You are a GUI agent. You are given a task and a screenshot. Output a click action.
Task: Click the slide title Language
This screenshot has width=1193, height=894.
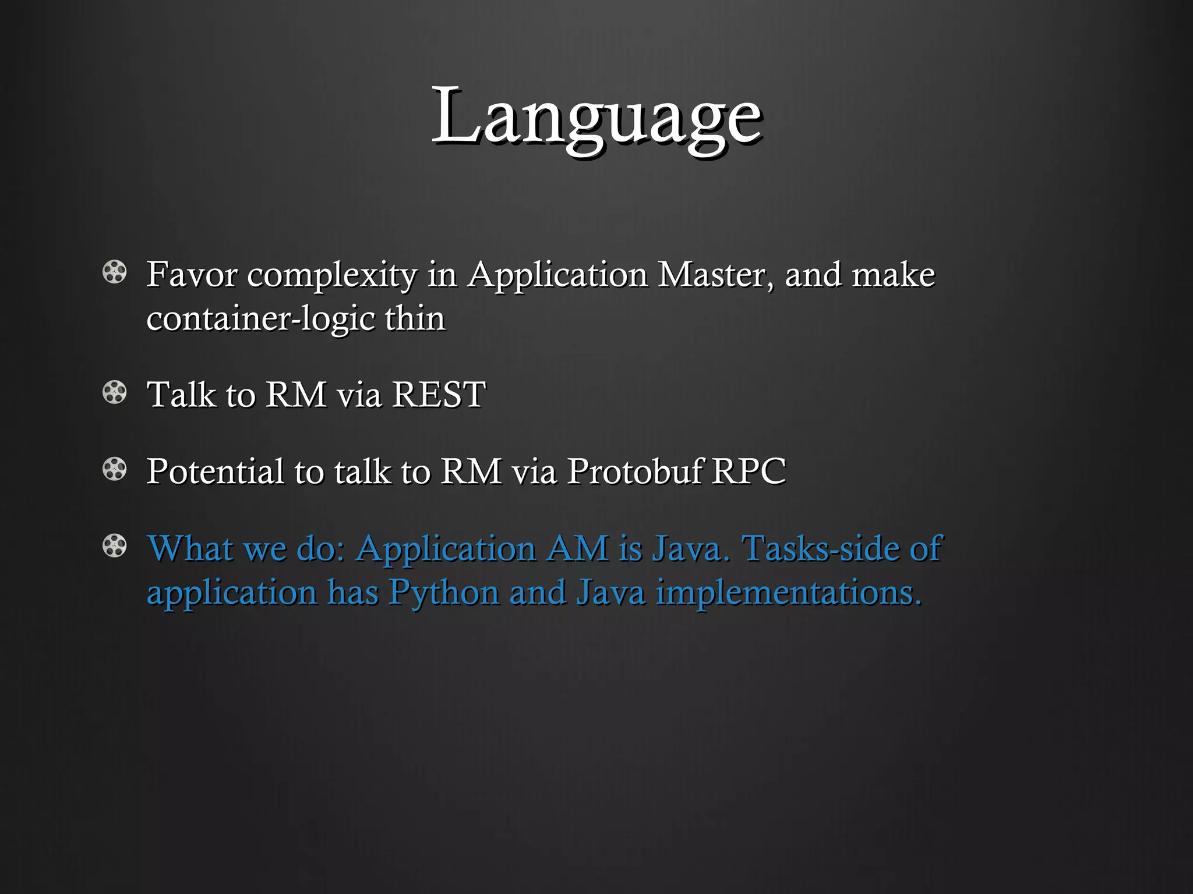tap(596, 116)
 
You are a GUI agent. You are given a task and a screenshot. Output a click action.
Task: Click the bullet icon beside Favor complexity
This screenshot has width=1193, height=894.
tap(114, 273)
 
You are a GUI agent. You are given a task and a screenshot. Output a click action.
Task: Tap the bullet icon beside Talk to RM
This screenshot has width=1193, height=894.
tap(114, 393)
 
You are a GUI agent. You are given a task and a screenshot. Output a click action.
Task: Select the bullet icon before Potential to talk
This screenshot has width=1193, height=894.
tap(114, 470)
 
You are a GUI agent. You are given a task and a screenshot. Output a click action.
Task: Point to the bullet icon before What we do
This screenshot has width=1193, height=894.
tap(114, 547)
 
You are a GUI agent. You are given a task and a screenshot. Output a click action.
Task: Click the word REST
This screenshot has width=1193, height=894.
tap(438, 394)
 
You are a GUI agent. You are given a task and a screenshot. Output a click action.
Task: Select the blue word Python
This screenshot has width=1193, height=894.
tap(444, 593)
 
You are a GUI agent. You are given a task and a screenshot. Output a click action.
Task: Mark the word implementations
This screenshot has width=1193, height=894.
tap(789, 593)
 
